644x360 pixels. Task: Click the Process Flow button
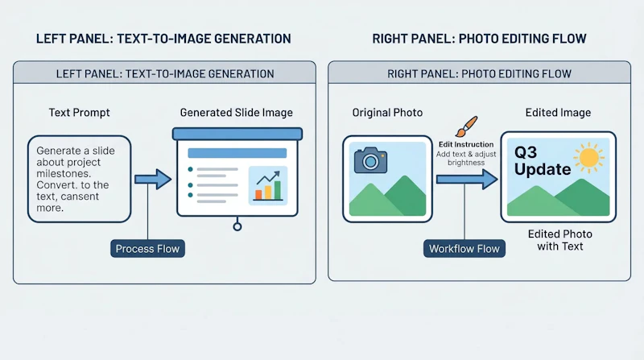[x=147, y=249]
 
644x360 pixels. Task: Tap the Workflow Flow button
[x=464, y=249]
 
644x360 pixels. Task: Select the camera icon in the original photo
[x=370, y=159]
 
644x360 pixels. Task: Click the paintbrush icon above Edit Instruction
[x=467, y=126]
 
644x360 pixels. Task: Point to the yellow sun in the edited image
[x=589, y=158]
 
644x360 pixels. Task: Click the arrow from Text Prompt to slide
[x=153, y=179]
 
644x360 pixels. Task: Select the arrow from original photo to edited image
[x=467, y=179]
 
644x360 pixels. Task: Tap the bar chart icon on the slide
[x=268, y=186]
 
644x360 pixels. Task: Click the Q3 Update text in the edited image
[x=542, y=161]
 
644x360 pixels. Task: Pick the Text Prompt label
[x=79, y=113]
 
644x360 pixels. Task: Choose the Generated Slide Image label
[x=236, y=113]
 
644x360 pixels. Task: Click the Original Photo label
[x=387, y=113]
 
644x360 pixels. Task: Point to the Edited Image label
[x=558, y=113]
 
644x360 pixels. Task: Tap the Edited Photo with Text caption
[x=560, y=240]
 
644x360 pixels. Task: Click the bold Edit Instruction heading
[x=466, y=144]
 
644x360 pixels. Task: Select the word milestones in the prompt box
[x=63, y=173]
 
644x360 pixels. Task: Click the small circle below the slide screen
[x=237, y=226]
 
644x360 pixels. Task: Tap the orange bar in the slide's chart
[x=258, y=195]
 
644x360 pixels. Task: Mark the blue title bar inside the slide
[x=237, y=153]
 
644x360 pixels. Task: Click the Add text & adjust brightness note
[x=466, y=158]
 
